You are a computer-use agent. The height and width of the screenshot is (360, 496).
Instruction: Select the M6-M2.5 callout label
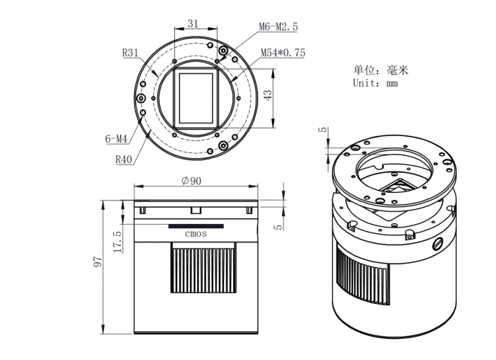coord(278,27)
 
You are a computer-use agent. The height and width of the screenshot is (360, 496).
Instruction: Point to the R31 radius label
coord(130,52)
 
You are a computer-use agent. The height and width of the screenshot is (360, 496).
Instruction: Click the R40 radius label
coord(125,159)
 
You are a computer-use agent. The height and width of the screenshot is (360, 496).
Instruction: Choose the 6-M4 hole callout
coord(117,140)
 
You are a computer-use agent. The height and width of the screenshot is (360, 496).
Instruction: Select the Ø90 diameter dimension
coord(192,181)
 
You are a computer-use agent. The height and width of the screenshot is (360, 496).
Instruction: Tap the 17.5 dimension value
coord(118,241)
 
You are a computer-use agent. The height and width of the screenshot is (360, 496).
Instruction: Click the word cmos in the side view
coord(196,234)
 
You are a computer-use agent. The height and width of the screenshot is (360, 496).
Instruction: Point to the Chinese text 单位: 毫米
coord(381,70)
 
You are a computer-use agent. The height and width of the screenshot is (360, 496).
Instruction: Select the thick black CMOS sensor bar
coord(196,226)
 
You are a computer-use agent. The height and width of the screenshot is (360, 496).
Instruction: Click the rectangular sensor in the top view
coord(196,96)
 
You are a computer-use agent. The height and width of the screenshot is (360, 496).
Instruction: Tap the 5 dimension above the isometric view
coord(322,130)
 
